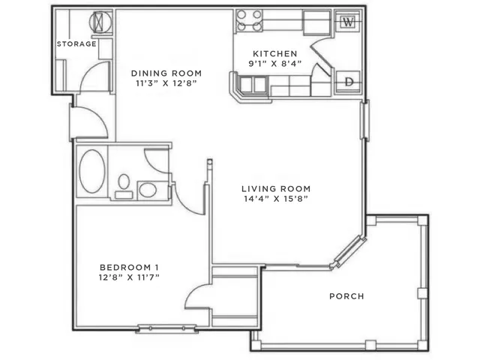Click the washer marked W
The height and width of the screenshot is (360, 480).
tap(348, 22)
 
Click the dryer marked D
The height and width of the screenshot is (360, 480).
tap(348, 82)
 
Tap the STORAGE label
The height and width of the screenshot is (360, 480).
tap(76, 43)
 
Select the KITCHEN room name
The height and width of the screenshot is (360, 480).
tap(275, 53)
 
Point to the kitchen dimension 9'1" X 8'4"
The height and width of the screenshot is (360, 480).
tap(275, 64)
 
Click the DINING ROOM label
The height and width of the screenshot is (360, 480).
tap(166, 73)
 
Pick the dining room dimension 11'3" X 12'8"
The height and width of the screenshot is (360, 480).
tap(166, 83)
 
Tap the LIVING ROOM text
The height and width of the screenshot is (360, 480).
tap(276, 188)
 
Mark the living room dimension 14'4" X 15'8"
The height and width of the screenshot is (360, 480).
tap(276, 199)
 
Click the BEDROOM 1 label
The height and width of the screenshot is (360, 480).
tap(129, 267)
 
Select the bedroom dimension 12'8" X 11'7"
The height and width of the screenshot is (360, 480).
tap(129, 277)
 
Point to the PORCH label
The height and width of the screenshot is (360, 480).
tap(346, 296)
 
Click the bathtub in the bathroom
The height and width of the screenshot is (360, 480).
tap(91, 171)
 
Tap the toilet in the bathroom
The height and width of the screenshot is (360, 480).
tap(124, 186)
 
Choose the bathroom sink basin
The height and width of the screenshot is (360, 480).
tap(148, 190)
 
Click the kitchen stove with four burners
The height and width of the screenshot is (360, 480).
tap(249, 20)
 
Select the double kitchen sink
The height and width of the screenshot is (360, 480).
tap(253, 84)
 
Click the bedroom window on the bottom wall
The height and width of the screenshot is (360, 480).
tap(166, 328)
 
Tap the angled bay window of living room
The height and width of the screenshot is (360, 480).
tap(349, 251)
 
